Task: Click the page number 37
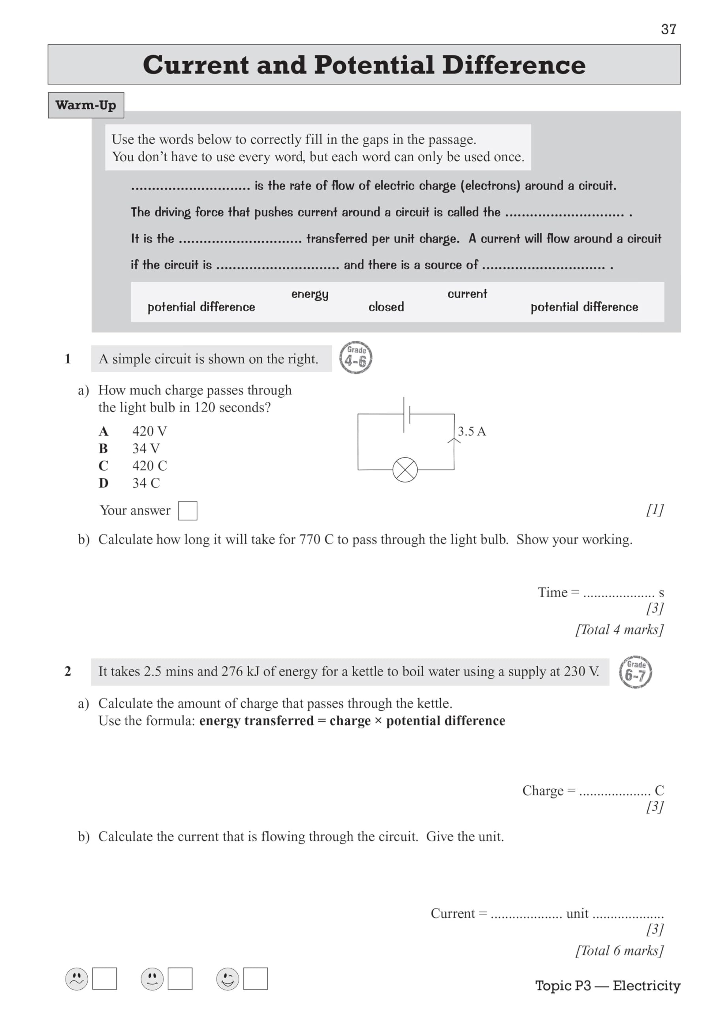668,29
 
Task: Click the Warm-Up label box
86,105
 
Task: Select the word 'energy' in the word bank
310,294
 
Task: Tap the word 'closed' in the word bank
386,307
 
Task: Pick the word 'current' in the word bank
467,294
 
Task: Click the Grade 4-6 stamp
356,357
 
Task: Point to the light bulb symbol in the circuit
405,470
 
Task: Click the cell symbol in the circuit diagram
406,414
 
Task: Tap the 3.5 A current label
471,431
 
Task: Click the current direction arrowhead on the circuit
454,440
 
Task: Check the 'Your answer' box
188,511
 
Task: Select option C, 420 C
149,466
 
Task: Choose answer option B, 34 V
146,448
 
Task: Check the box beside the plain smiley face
180,978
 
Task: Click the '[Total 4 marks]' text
619,630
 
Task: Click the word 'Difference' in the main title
514,65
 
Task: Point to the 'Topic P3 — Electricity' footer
608,985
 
